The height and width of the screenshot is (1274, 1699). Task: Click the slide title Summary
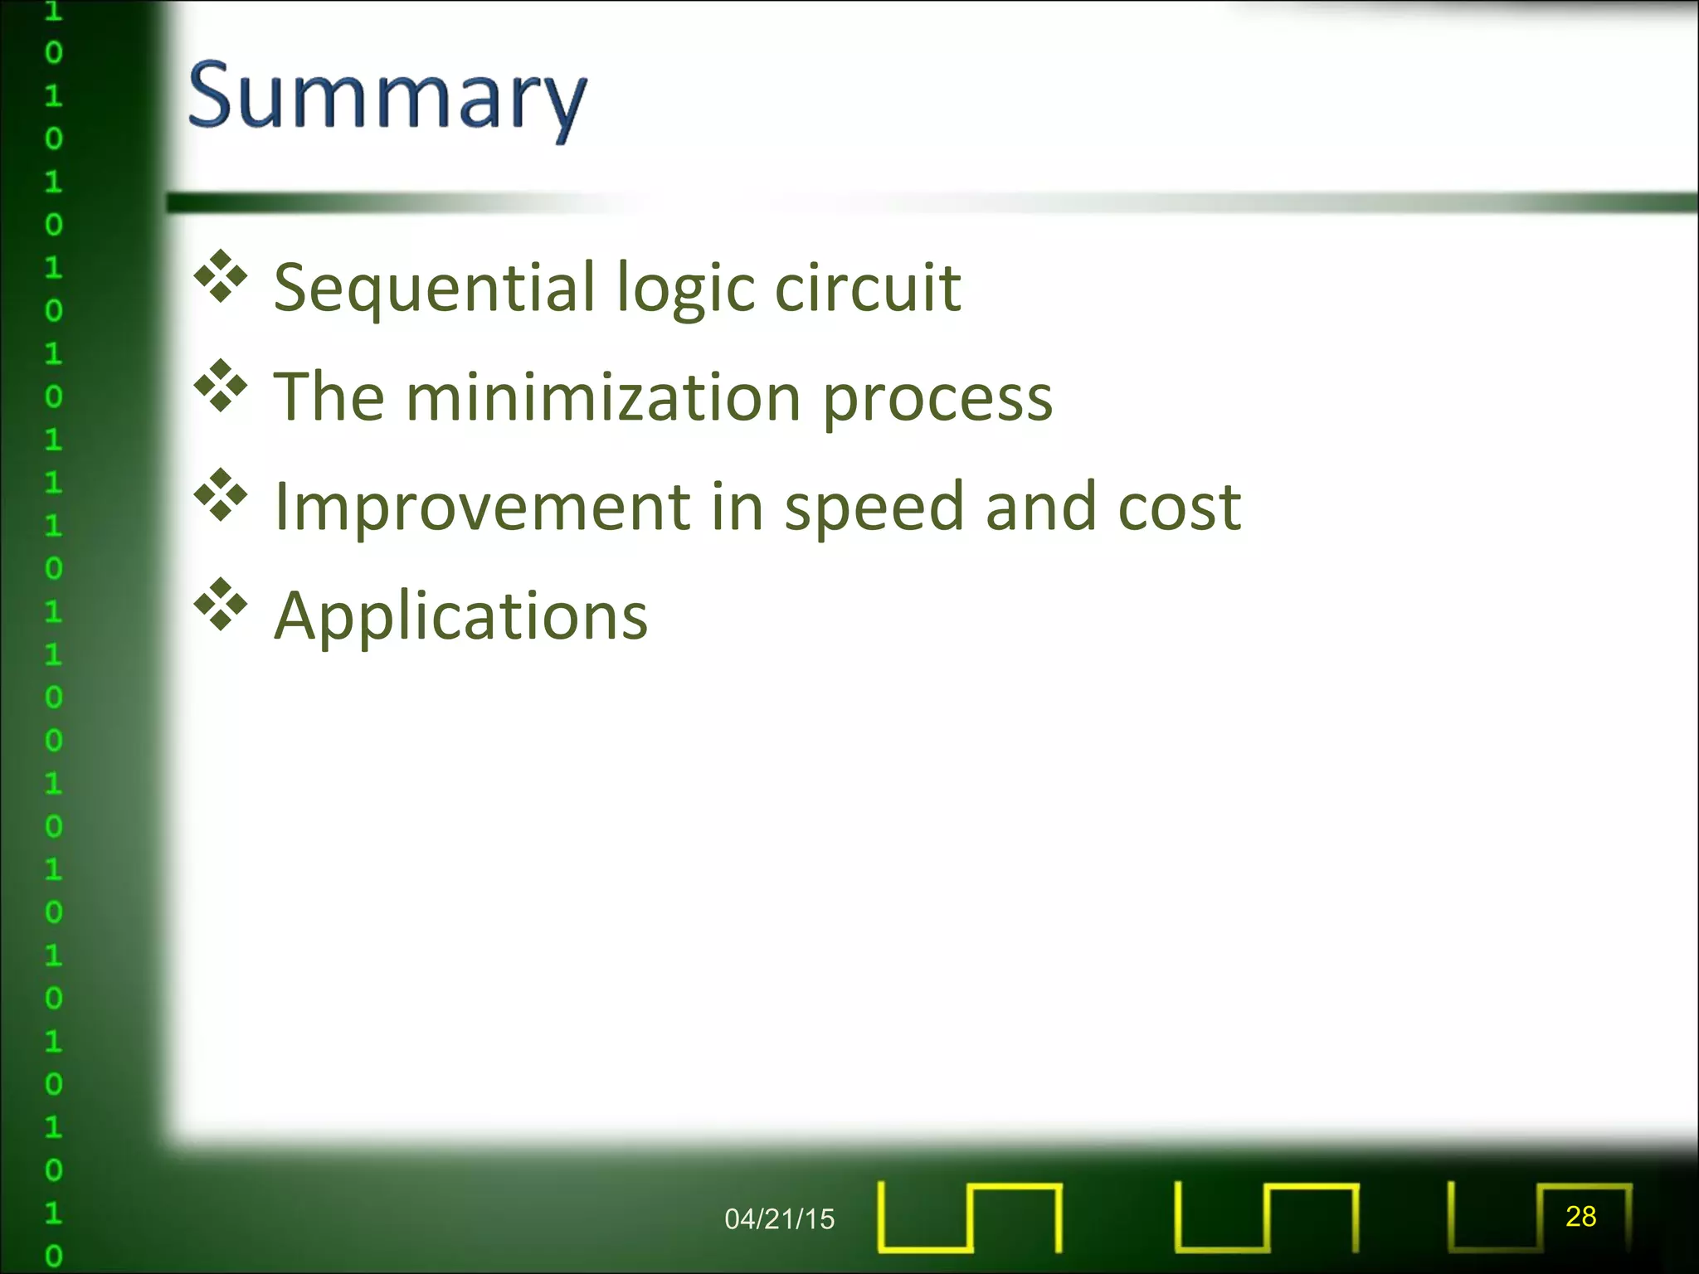pyautogui.click(x=387, y=98)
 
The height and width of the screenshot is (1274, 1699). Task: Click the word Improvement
pyautogui.click(x=482, y=507)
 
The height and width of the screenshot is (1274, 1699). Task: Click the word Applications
pyautogui.click(x=460, y=617)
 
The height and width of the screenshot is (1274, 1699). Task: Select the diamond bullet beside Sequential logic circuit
pyautogui.click(x=221, y=275)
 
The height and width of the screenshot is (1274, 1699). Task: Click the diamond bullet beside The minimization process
pyautogui.click(x=221, y=386)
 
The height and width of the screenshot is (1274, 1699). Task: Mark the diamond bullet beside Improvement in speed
pyautogui.click(x=221, y=495)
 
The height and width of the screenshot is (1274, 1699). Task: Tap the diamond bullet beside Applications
pyautogui.click(x=221, y=605)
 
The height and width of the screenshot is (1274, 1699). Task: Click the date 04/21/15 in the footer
pyautogui.click(x=779, y=1218)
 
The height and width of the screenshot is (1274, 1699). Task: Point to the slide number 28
pyautogui.click(x=1580, y=1216)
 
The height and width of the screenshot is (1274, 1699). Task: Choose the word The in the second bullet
pyautogui.click(x=329, y=397)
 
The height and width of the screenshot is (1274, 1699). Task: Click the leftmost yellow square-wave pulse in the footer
pyautogui.click(x=969, y=1217)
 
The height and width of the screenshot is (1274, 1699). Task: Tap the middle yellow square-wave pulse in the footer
pyautogui.click(x=1266, y=1217)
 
